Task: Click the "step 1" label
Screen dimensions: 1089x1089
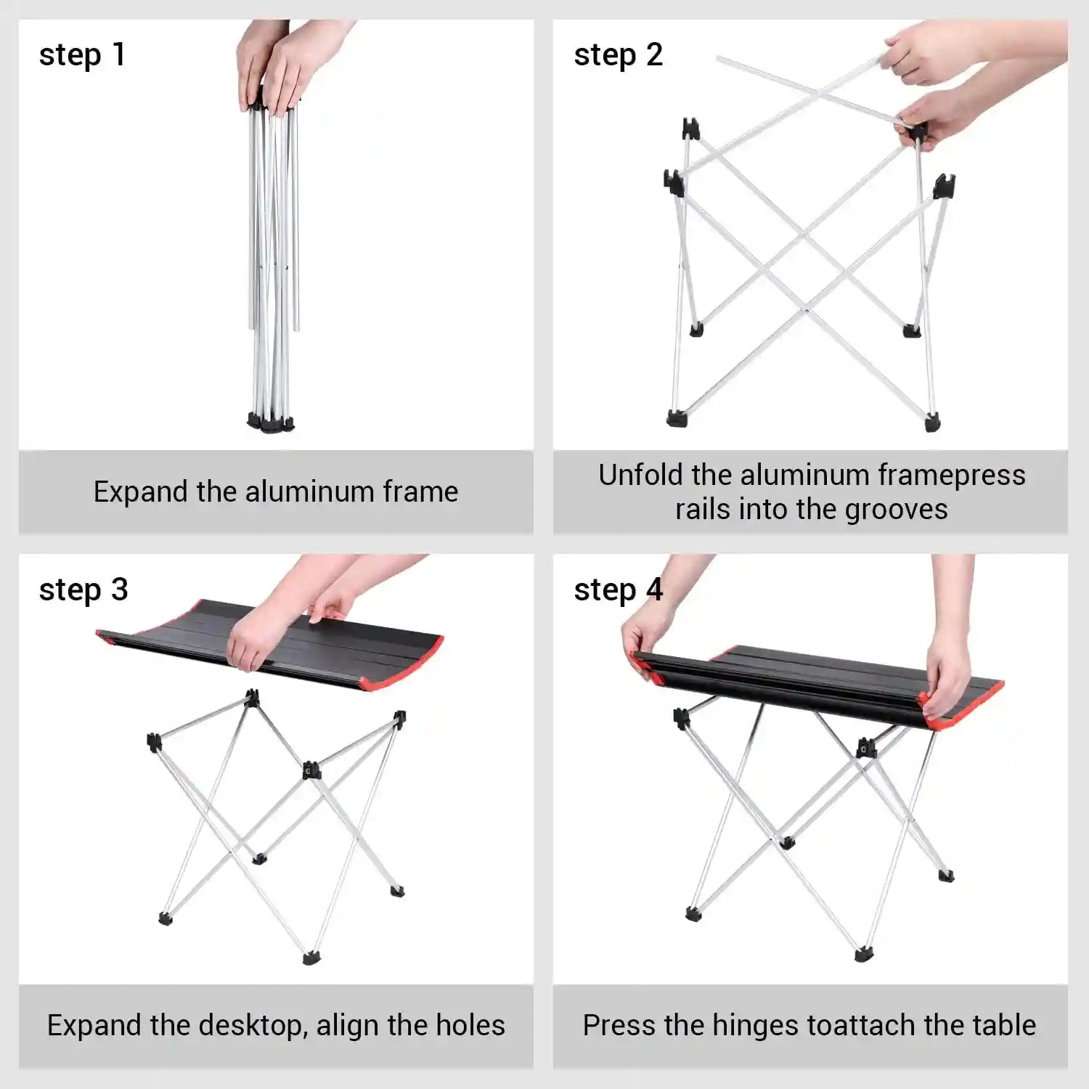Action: pyautogui.click(x=82, y=55)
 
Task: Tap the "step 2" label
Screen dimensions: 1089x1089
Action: pyautogui.click(x=618, y=55)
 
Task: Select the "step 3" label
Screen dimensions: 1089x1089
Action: pyautogui.click(x=83, y=590)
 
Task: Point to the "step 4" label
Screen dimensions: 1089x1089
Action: pyautogui.click(x=618, y=590)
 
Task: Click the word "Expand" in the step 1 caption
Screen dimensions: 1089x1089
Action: pyautogui.click(x=141, y=492)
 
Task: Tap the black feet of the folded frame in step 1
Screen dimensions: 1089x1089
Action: pyautogui.click(x=271, y=422)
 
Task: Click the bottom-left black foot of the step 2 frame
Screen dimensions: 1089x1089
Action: pyautogui.click(x=676, y=417)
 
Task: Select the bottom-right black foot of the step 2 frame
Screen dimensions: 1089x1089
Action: pyautogui.click(x=932, y=421)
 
